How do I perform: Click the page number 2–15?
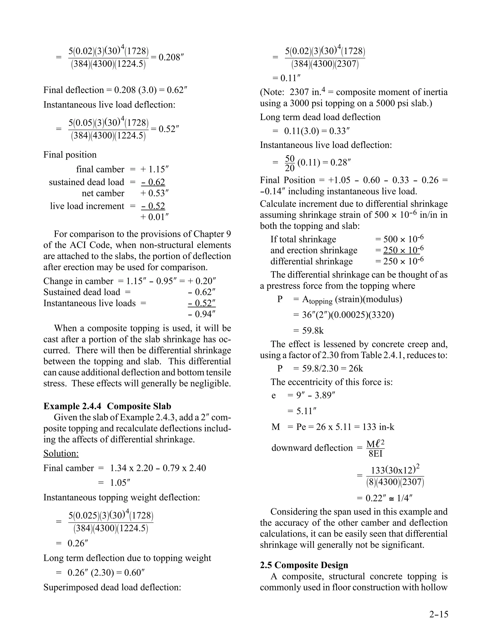pyautogui.click(x=439, y=614)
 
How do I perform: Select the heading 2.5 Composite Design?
pyautogui.click(x=304, y=565)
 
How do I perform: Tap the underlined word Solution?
pyautogui.click(x=61, y=453)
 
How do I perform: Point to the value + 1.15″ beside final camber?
pyautogui.click(x=154, y=169)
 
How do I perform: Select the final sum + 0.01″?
pyautogui.click(x=154, y=217)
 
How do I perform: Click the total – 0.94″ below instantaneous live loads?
pyautogui.click(x=202, y=314)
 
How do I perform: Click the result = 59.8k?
pyautogui.click(x=308, y=331)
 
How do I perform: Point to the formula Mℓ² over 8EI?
pyautogui.click(x=375, y=449)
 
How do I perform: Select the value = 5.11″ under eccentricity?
pyautogui.click(x=302, y=411)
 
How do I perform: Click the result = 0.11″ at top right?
pyautogui.click(x=286, y=78)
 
